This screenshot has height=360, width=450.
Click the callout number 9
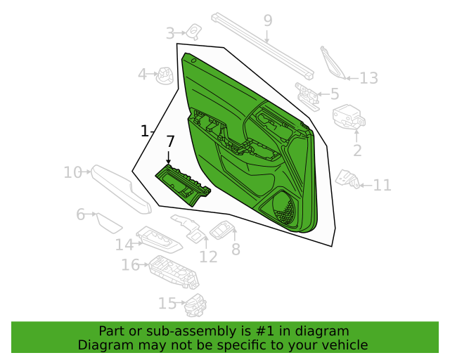point(267,20)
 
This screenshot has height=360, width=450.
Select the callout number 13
point(368,78)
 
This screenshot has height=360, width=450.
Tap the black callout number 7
point(170,142)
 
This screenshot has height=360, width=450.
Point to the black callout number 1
point(145,131)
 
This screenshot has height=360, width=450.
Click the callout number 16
point(130,264)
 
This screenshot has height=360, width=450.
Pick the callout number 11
point(382,185)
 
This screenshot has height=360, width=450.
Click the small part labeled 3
point(194,31)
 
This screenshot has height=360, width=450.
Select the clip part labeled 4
point(165,76)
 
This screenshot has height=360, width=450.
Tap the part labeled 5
point(307,96)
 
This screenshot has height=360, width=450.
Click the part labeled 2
point(349,117)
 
